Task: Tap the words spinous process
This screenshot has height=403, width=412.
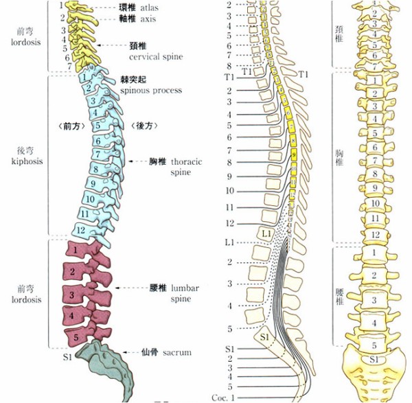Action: (150, 90)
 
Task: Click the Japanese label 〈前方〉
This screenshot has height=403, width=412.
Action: (69, 126)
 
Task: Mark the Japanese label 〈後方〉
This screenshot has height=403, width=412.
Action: (146, 126)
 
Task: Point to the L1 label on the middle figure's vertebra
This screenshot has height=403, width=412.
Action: (267, 235)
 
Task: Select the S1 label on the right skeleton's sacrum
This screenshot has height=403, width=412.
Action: (374, 359)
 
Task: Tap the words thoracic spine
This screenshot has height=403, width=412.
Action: (185, 168)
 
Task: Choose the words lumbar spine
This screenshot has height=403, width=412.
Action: (183, 293)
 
